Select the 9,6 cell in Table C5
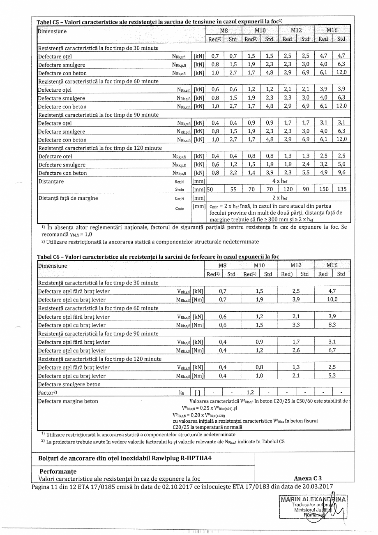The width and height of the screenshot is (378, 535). (x=341, y=173)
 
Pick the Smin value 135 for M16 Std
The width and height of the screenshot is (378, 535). (x=341, y=189)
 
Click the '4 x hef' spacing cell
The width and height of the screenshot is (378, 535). (x=277, y=181)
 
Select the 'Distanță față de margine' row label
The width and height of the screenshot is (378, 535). (x=68, y=198)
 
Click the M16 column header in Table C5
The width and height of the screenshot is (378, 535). (x=332, y=31)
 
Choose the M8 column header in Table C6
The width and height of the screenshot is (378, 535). (x=223, y=266)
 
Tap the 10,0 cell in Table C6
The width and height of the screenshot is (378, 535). (x=332, y=299)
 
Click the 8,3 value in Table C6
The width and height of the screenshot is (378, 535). (x=332, y=325)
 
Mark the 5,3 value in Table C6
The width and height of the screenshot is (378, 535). (x=332, y=376)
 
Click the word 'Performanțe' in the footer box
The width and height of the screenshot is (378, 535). (x=58, y=471)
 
